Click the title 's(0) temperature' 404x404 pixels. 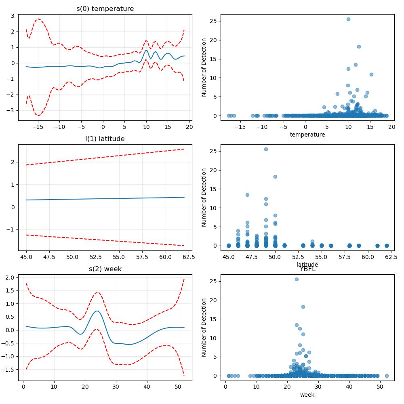coord(105,9)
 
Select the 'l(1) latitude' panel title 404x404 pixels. coord(105,139)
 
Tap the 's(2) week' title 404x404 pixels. coord(105,269)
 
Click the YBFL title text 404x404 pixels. coord(307,269)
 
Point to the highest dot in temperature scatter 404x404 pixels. coord(348,19)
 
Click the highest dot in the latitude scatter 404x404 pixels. coord(266,149)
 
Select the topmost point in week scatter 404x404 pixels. coord(297,280)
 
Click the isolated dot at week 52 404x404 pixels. coord(387,376)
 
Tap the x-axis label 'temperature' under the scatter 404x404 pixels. coord(307,135)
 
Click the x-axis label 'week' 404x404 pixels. coord(307,395)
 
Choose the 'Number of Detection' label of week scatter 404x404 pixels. coord(204,328)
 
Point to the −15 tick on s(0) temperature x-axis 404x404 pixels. coord(38,127)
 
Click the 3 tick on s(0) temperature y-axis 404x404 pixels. coord(13,16)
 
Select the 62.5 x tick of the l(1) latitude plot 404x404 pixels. coord(189,257)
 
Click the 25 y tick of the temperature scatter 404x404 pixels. coord(213,21)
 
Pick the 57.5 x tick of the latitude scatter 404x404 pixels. coord(345,257)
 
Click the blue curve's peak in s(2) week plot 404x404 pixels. coord(97,311)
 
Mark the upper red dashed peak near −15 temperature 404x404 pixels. coord(38,19)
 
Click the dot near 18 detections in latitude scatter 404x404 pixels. coord(275,177)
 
